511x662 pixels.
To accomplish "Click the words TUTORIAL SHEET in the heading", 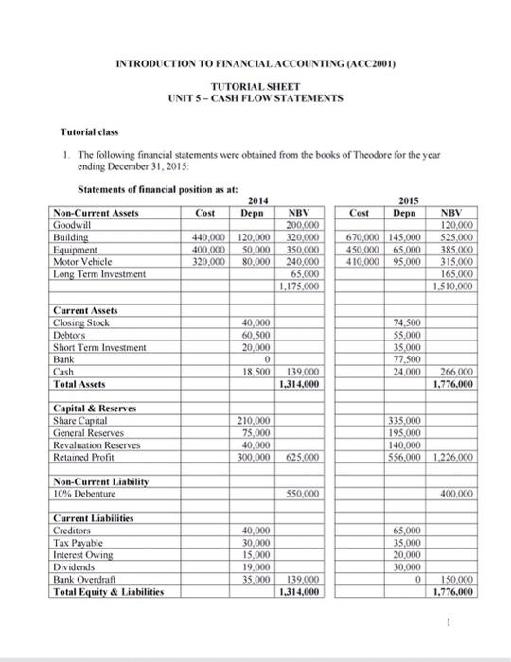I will [255, 83].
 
